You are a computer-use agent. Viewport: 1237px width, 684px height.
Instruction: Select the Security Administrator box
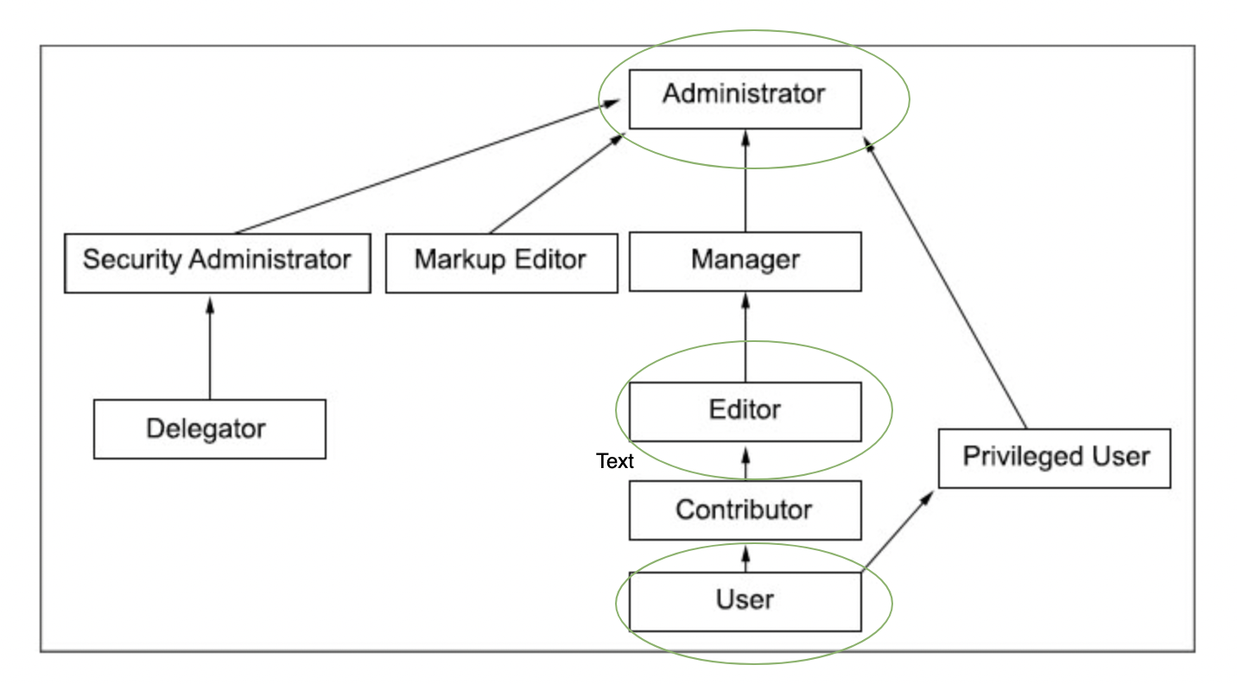click(x=217, y=262)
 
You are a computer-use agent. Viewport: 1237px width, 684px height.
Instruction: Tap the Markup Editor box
click(x=501, y=262)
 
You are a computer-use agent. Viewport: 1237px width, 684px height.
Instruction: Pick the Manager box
click(x=745, y=261)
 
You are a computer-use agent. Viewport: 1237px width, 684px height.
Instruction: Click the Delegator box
click(x=209, y=428)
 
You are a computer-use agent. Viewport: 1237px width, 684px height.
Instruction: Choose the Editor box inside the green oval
click(x=745, y=411)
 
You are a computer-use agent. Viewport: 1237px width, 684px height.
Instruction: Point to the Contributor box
click(x=745, y=510)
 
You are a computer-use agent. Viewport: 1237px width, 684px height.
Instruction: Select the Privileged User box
click(x=1054, y=458)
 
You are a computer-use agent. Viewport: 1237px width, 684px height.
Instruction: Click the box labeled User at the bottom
click(x=745, y=601)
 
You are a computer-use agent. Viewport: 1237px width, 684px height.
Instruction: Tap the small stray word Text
click(x=615, y=461)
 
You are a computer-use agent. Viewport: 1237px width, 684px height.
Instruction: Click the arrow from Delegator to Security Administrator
click(x=209, y=345)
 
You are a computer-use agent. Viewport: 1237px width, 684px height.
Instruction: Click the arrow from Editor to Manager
click(x=745, y=337)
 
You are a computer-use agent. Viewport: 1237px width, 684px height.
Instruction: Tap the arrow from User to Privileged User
click(x=898, y=531)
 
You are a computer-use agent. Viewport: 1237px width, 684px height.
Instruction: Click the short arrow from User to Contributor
click(x=745, y=557)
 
